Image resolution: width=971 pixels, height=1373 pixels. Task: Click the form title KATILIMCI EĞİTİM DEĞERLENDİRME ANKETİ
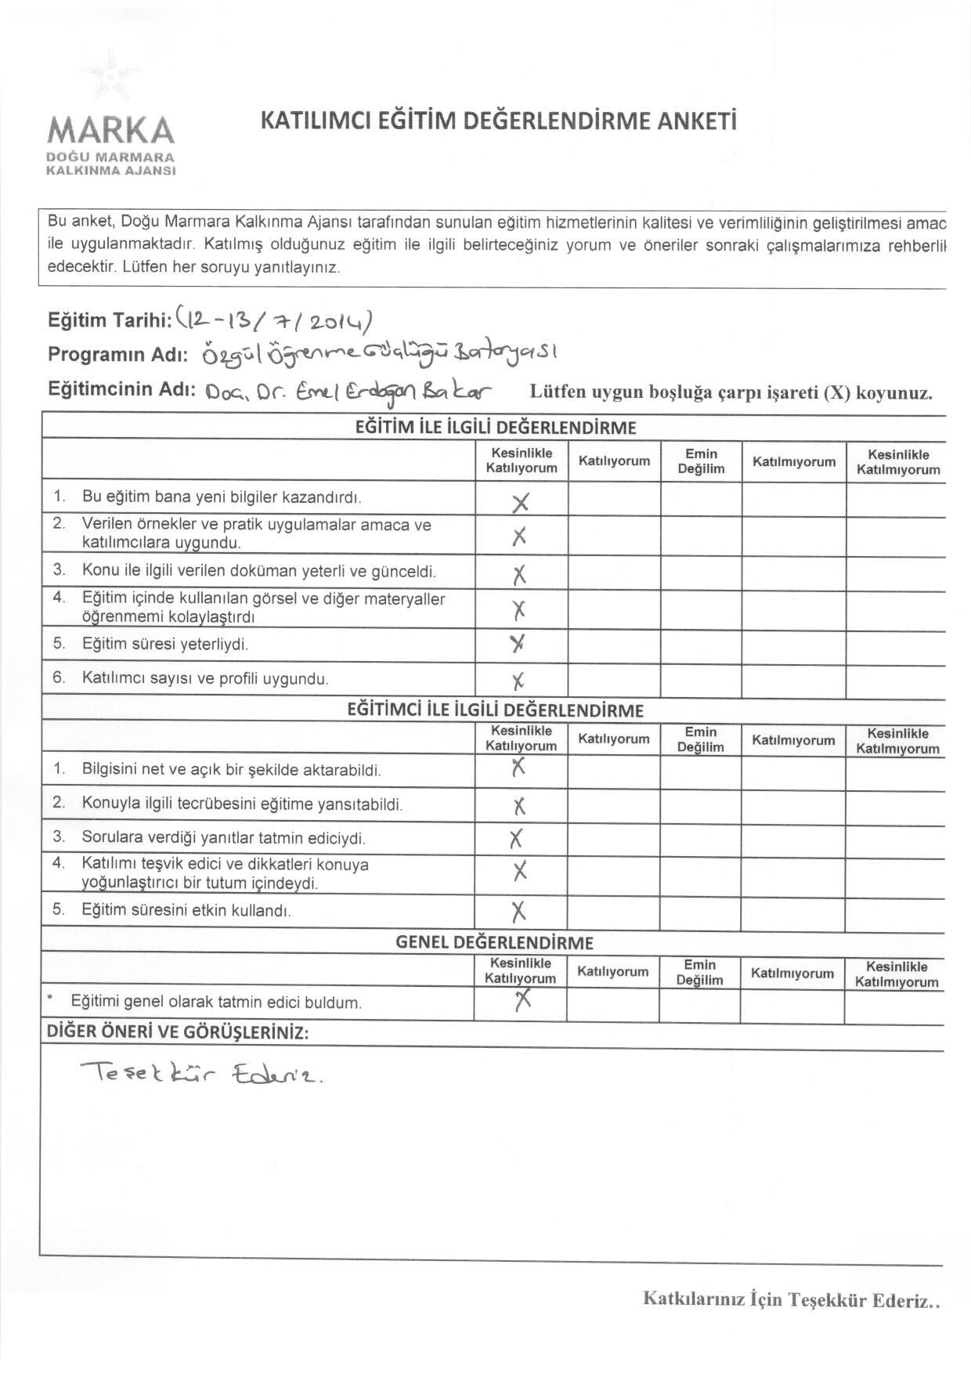498,121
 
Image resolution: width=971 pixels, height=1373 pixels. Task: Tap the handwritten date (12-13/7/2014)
274,319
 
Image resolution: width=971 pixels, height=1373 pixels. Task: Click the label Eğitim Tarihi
110,320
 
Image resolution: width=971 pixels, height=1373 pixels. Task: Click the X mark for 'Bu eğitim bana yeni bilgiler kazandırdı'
520,502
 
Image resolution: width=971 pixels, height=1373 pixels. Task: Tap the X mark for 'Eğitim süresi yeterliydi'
517,644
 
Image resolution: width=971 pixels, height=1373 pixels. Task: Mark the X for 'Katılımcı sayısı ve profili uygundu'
518,680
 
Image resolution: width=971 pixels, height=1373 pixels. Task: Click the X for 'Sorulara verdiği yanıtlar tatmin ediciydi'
515,839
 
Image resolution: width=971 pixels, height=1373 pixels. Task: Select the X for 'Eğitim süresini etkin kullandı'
518,911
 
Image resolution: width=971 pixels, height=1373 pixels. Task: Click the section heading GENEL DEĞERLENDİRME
494,942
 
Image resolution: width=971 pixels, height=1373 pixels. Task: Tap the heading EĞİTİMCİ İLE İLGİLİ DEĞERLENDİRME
495,710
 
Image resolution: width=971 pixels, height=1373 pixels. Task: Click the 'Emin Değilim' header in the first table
701,461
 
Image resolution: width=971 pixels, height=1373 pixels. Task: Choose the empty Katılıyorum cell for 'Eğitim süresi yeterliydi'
614,645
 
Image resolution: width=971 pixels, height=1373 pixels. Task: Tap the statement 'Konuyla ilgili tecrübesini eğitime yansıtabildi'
242,804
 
